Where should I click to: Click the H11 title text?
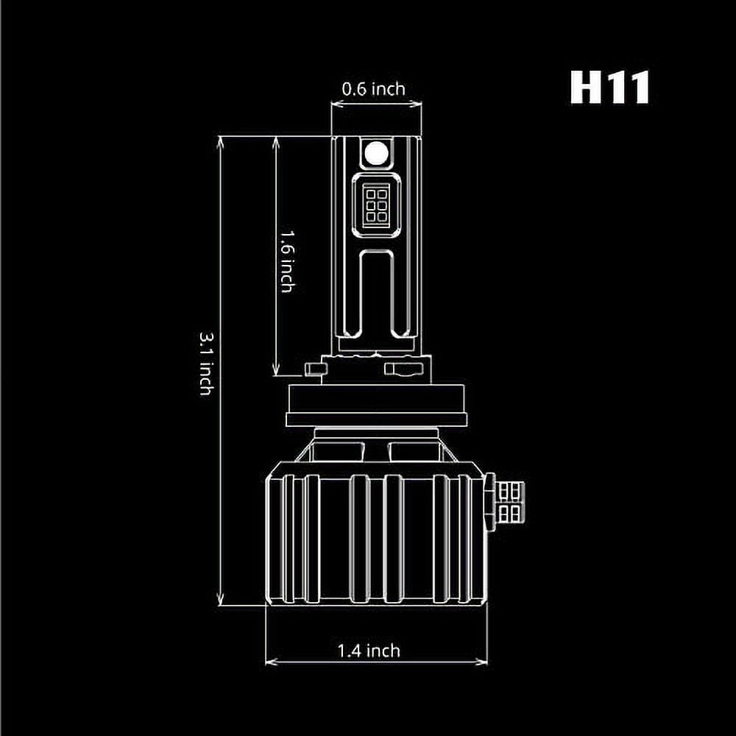tap(609, 88)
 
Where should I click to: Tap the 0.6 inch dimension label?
tap(374, 89)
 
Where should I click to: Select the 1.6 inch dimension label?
tap(288, 261)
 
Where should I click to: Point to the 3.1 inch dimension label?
tap(207, 364)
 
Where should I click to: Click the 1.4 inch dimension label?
tap(369, 651)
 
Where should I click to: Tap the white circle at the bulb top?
tap(376, 152)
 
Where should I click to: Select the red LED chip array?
tap(376, 205)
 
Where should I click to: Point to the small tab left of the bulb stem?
tap(315, 369)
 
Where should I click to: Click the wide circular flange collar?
tap(376, 406)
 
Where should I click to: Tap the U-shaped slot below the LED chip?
tap(376, 294)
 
